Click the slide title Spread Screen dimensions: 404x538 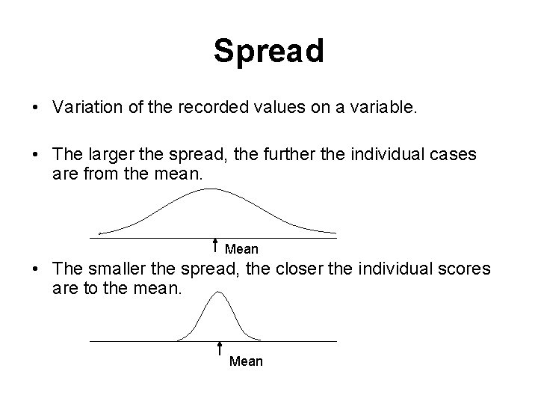coord(268,51)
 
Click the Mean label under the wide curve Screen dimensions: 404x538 coord(241,248)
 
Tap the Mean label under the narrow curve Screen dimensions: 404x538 coord(247,361)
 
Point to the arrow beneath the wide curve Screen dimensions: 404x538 coord(215,245)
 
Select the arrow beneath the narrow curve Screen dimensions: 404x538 coord(220,349)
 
